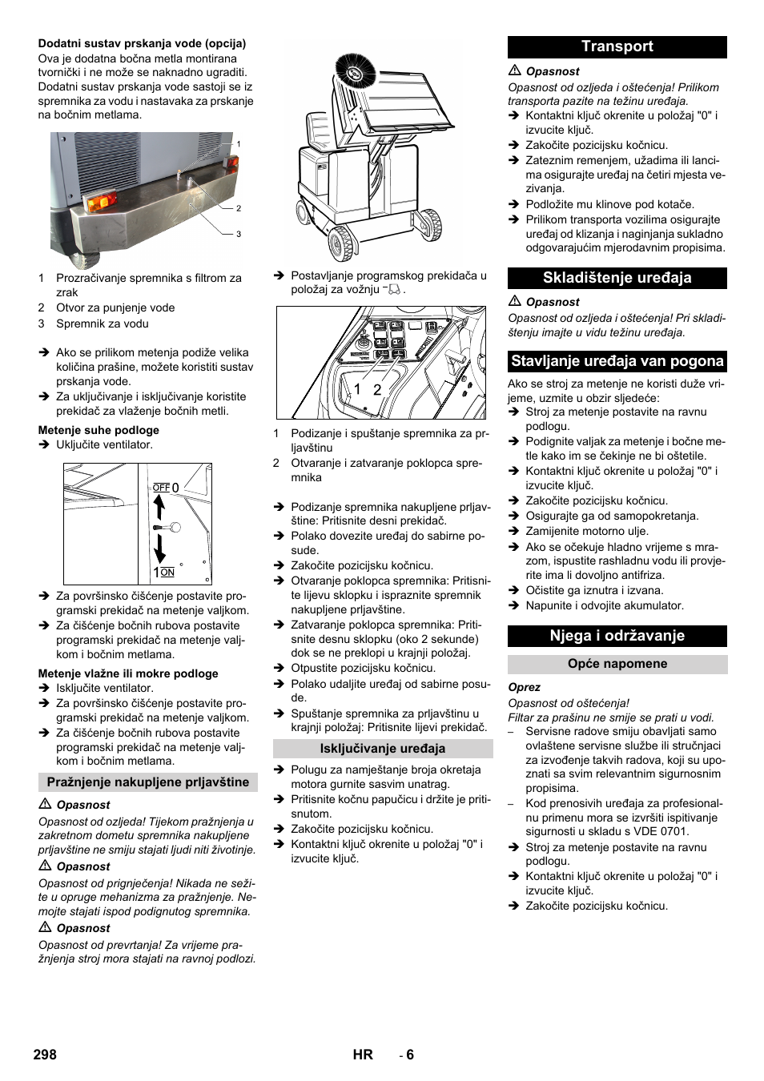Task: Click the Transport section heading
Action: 617,46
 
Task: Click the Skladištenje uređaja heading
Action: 617,278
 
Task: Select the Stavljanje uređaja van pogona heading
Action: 617,361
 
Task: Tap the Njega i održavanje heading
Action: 617,636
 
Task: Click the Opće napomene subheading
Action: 617,664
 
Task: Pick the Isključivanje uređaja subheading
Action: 383,749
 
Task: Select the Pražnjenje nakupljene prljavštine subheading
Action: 148,782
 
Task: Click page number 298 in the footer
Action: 45,1055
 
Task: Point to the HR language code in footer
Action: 363,1055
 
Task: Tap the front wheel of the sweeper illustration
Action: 341,243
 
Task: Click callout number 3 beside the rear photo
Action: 239,235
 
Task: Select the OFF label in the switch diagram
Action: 161,487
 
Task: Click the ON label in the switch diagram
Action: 167,573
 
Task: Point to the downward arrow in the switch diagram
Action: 159,549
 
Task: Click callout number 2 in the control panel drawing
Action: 377,390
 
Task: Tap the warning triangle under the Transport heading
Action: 515,71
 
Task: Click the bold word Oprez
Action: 524,687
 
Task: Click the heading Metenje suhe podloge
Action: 99,430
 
